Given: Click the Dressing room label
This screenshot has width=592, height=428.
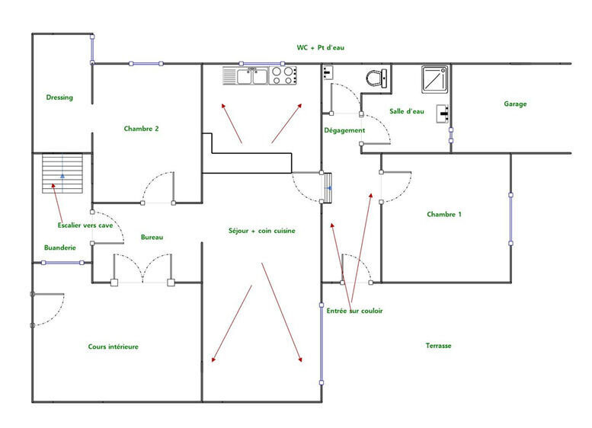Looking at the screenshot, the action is click(59, 97).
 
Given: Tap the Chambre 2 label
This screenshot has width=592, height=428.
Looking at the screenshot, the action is click(141, 129).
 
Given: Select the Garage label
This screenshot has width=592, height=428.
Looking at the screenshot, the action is click(515, 104).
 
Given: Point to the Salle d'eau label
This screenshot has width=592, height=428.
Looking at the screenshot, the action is click(407, 111).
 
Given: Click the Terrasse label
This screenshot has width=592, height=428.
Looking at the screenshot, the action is click(438, 345).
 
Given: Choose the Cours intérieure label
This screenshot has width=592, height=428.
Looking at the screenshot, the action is click(114, 347).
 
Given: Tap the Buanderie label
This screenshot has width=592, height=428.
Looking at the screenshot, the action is click(60, 248).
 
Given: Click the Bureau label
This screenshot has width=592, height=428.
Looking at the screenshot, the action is click(152, 237).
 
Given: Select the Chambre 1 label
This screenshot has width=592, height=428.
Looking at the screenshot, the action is click(444, 214).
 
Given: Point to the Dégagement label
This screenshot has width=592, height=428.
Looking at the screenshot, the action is click(344, 130).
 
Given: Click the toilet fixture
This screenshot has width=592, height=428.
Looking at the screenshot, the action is click(376, 78).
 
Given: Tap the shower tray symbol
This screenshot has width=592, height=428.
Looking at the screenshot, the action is click(435, 80).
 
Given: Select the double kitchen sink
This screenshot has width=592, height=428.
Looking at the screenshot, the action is click(245, 75).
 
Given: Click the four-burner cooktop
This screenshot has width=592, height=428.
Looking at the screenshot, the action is click(283, 75).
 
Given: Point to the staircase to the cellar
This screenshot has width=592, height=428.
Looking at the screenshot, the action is click(62, 173).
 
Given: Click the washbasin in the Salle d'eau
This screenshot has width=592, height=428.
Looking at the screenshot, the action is click(443, 113).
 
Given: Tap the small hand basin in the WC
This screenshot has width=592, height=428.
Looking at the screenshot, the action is click(328, 72).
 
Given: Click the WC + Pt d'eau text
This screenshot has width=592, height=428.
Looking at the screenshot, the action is click(321, 47).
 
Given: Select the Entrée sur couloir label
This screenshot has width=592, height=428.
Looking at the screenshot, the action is click(354, 311).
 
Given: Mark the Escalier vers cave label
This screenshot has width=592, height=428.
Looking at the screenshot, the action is click(85, 225).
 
